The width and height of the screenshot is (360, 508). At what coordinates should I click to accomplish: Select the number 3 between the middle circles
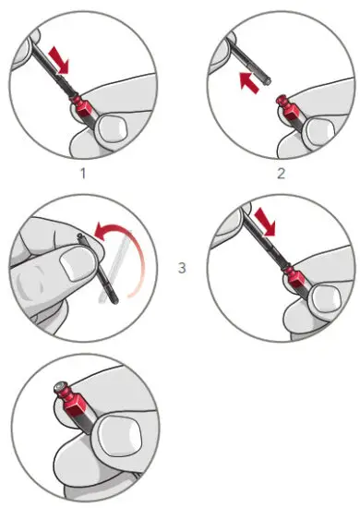click(x=182, y=268)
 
